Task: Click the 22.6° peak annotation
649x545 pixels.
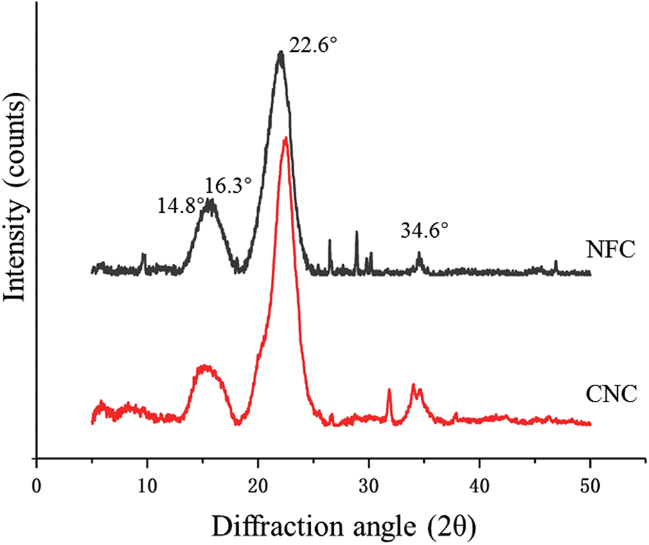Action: [x=312, y=52]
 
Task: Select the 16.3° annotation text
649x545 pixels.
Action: [x=226, y=185]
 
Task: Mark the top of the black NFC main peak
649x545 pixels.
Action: [x=280, y=53]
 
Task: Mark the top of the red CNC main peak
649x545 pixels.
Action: [x=285, y=139]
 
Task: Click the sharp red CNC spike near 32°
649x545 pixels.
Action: [x=389, y=391]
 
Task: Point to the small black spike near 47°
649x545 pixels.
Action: [x=555, y=263]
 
